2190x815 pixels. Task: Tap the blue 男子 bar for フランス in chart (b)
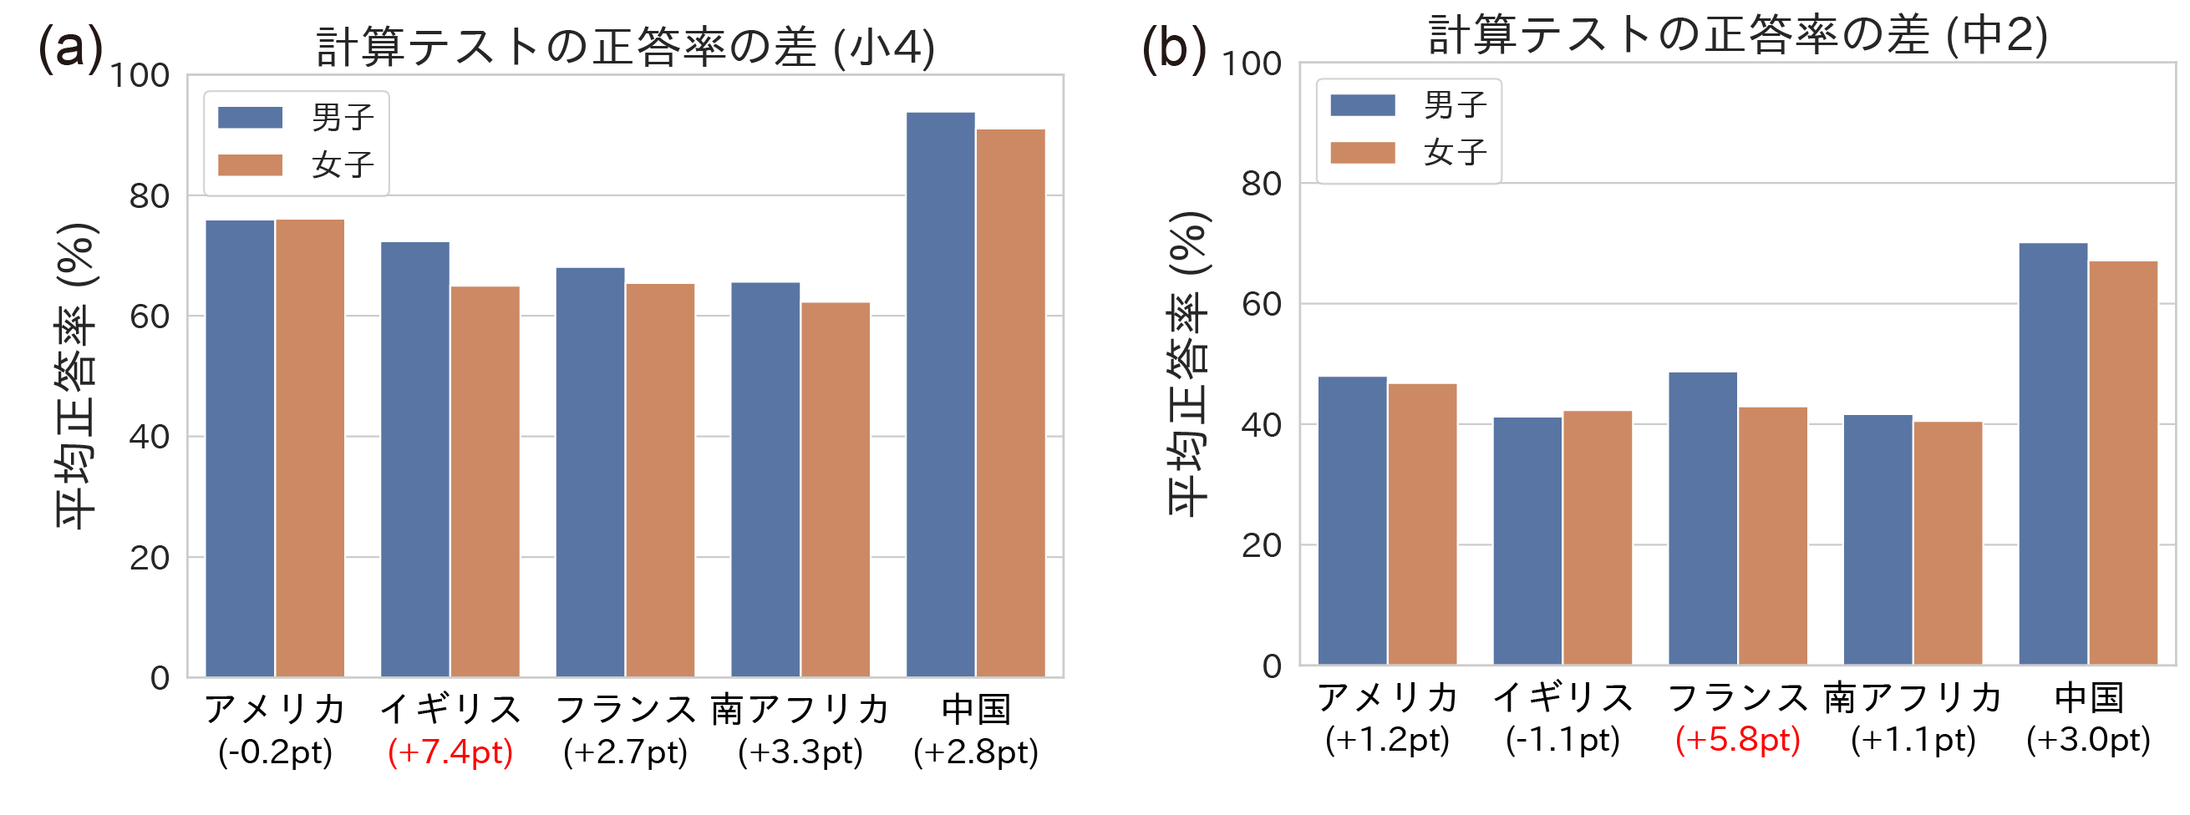coord(1702,519)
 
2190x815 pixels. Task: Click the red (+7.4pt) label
coord(450,752)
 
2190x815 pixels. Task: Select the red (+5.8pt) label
coord(1738,739)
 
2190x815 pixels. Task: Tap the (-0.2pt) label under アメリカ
coord(275,752)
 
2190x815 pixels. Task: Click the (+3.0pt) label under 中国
coord(2088,739)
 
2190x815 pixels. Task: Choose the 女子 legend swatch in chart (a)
coord(250,165)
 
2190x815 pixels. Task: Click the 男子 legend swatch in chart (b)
coord(1362,105)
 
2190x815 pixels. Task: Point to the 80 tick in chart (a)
coord(150,196)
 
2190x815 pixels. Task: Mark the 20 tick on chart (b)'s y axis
coord(1262,545)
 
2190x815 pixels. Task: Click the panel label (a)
coord(70,47)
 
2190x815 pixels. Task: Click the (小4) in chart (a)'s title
coord(884,48)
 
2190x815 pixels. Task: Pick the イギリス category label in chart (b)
coord(1562,698)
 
